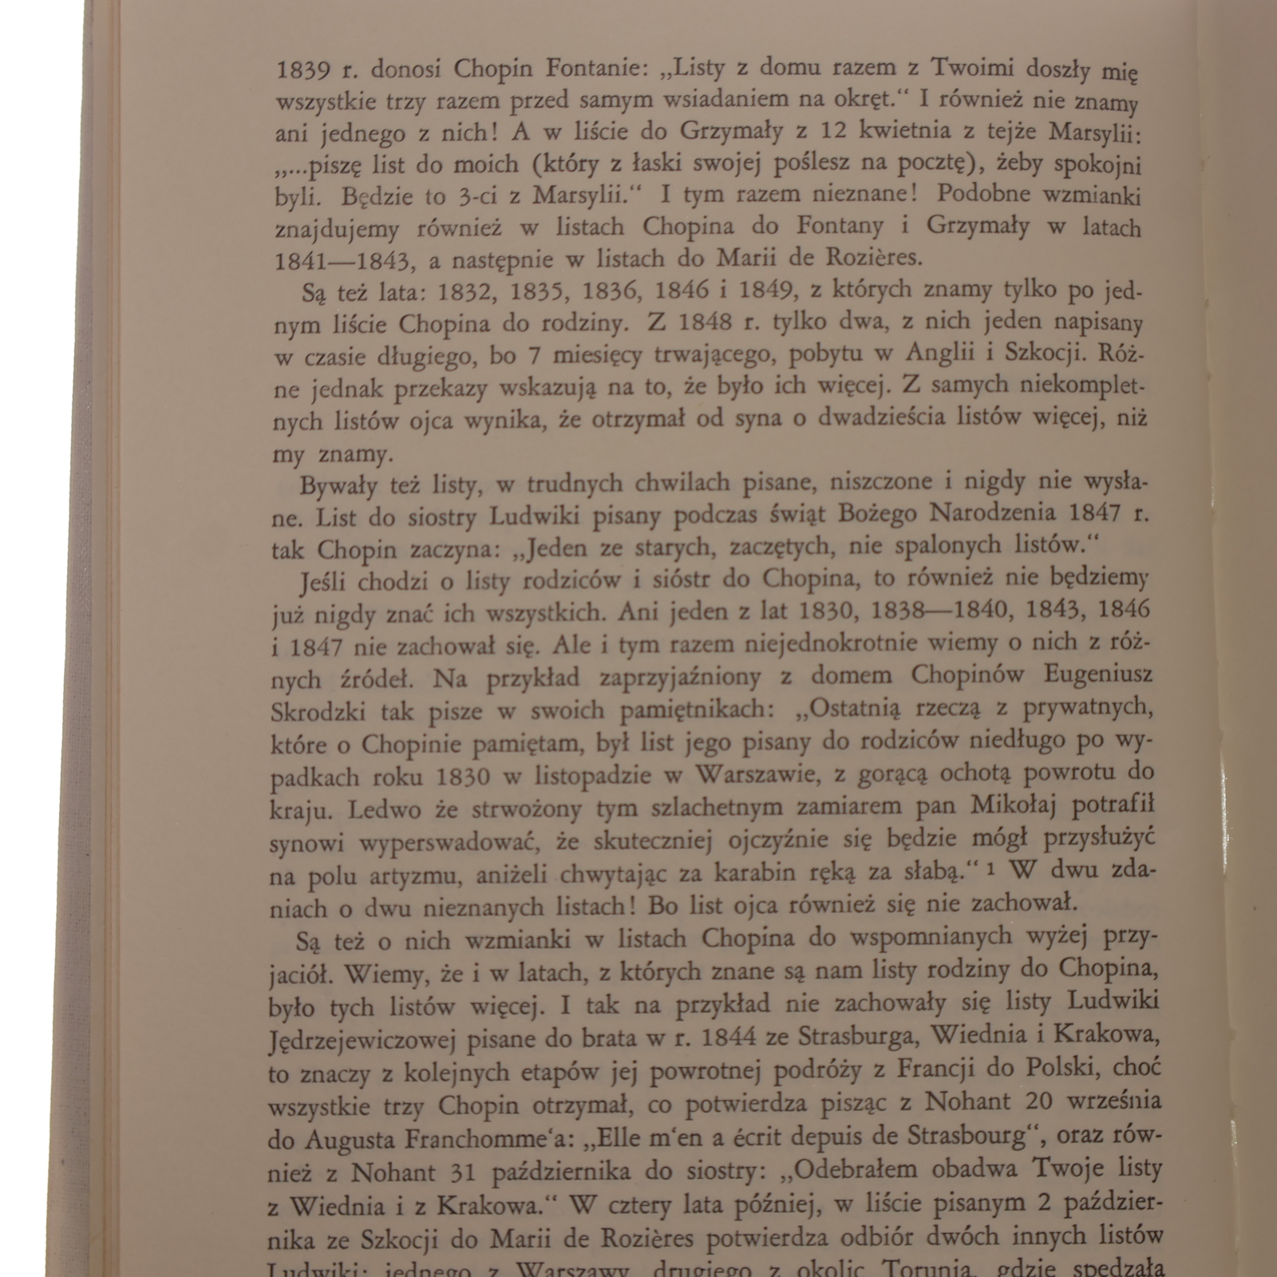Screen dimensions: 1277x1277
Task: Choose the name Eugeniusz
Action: tap(1098, 676)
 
